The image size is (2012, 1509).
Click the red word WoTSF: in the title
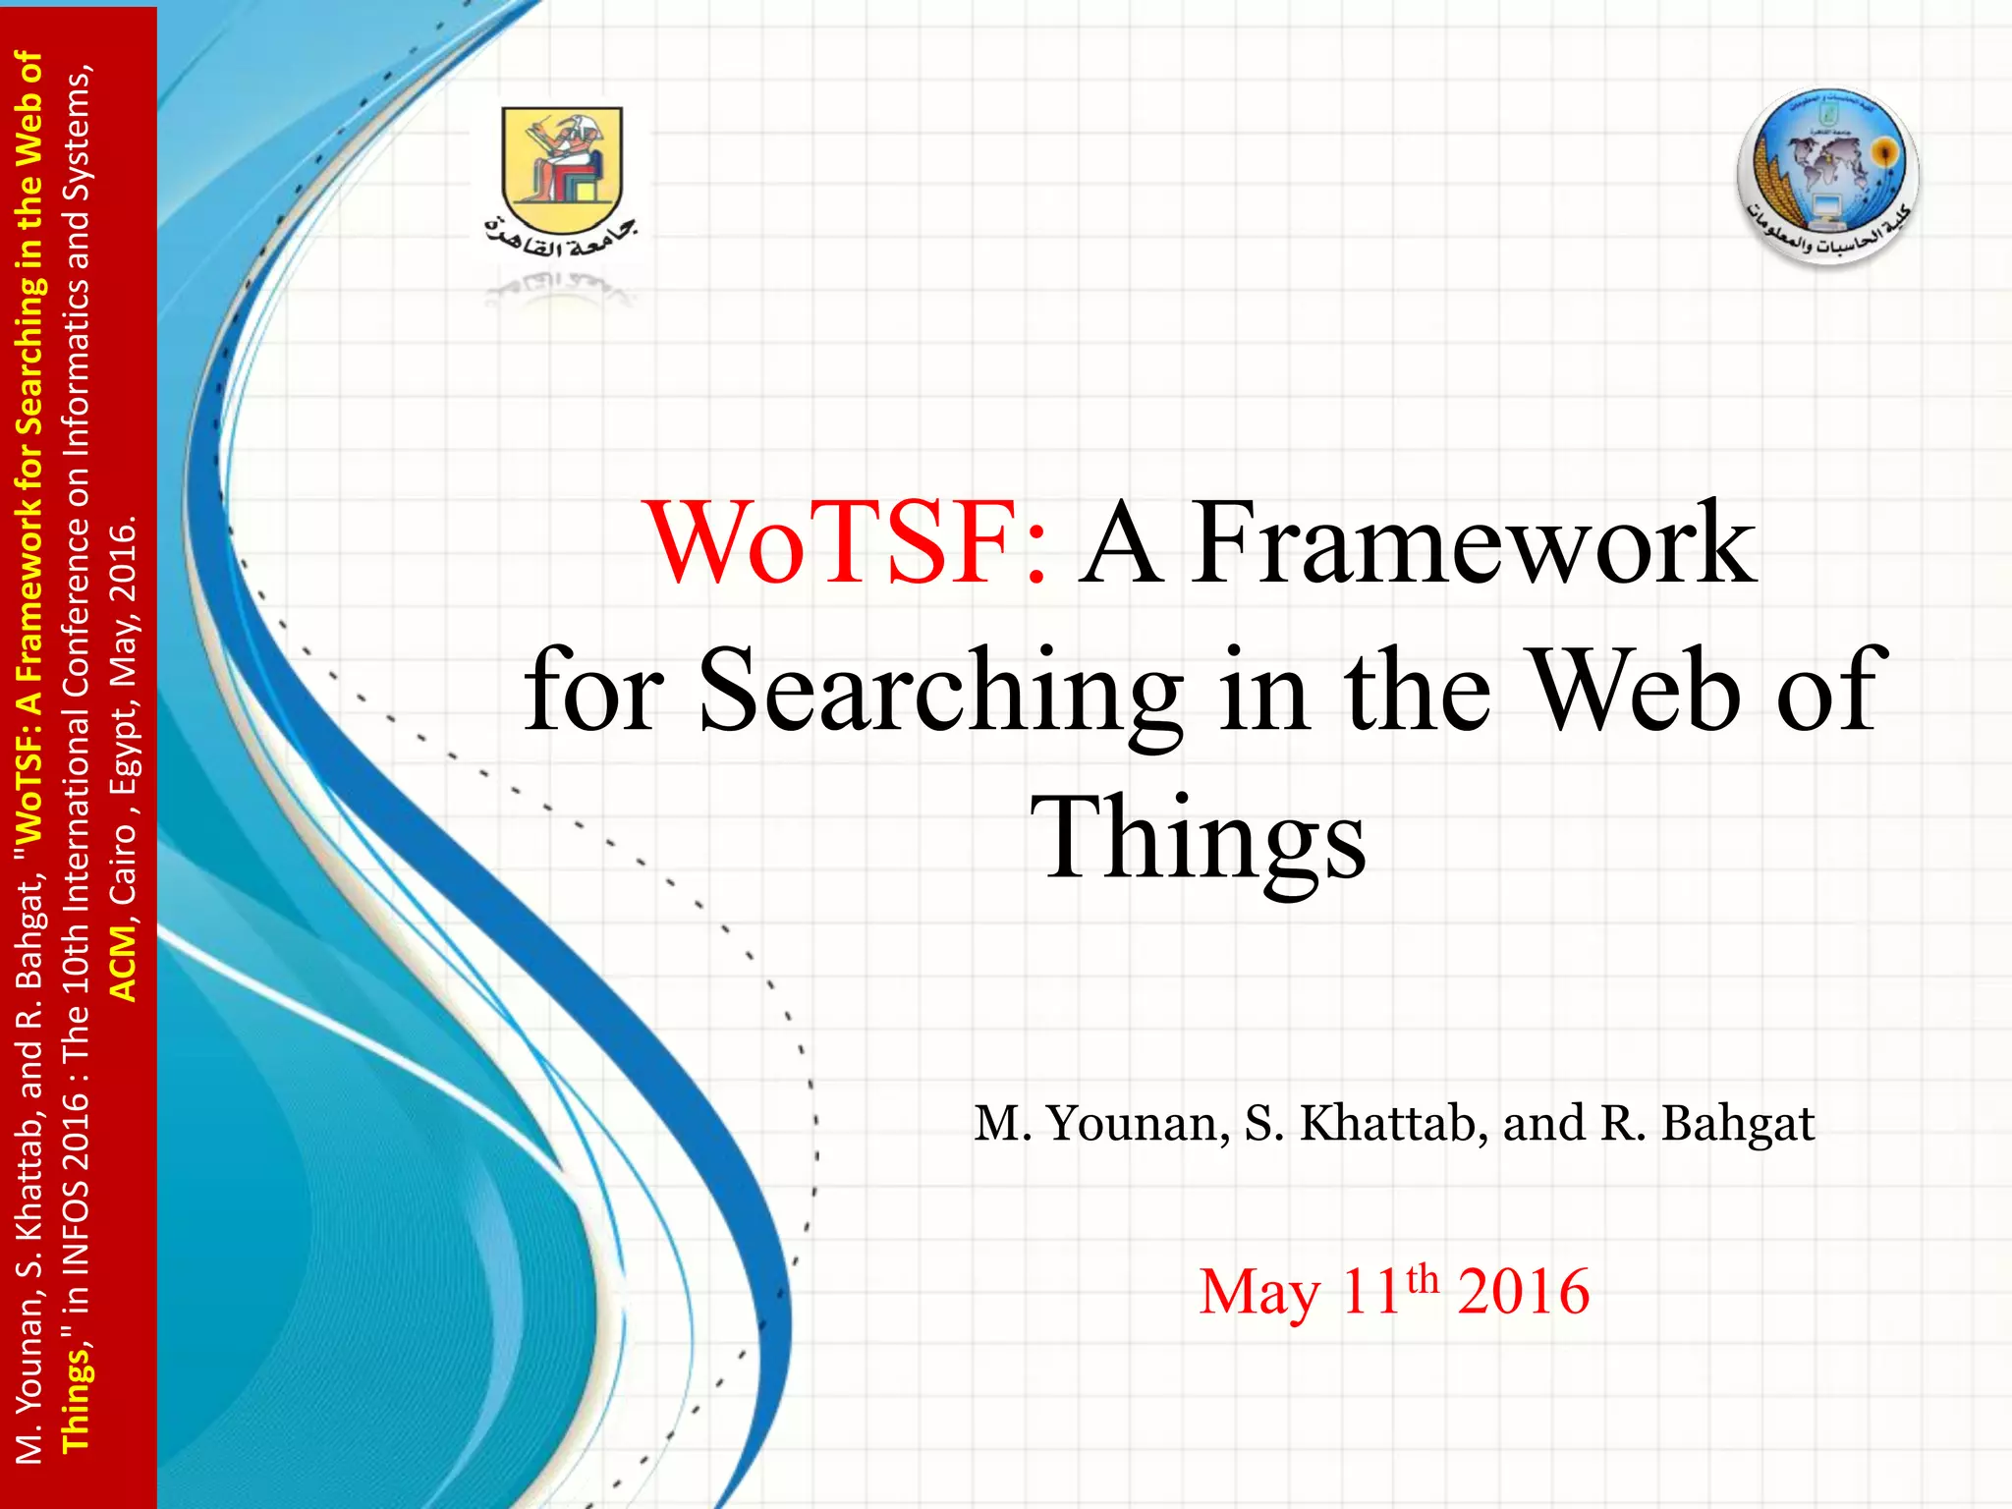pos(846,543)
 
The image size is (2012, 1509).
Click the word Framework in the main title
pos(1474,543)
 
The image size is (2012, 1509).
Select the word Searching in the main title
pos(940,693)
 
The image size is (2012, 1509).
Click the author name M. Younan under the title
pos(1101,1123)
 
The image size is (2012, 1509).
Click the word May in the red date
pos(1259,1293)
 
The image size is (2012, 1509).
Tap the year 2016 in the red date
pos(1523,1291)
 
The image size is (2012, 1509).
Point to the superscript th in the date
pos(1423,1280)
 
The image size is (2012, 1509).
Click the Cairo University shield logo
pos(562,157)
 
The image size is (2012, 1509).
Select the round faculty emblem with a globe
pos(1827,177)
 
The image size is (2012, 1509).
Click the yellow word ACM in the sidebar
pos(123,963)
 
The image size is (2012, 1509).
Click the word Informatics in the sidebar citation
pos(77,354)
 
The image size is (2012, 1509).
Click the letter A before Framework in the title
pos(1120,543)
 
